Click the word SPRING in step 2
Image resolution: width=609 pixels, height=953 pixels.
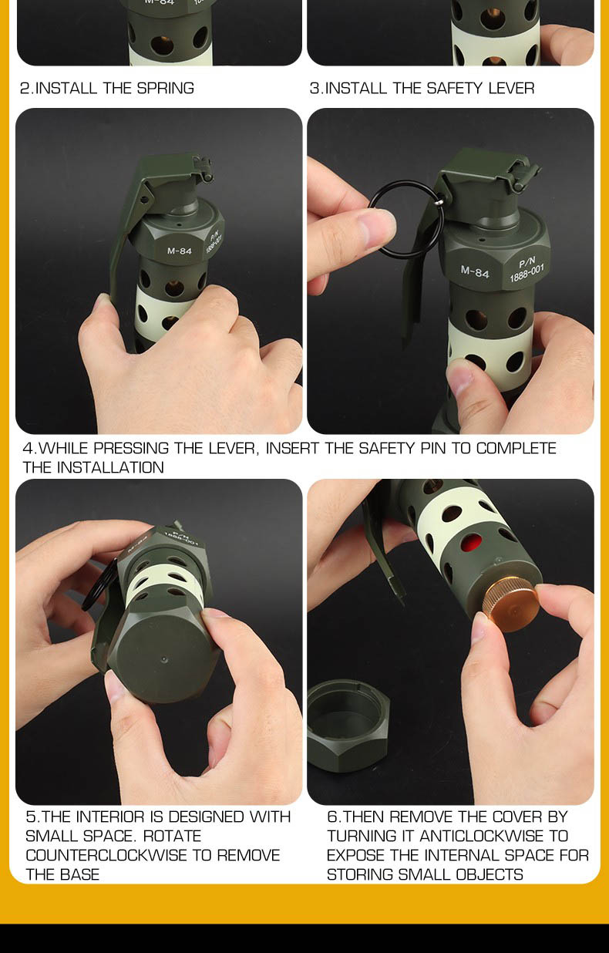point(165,88)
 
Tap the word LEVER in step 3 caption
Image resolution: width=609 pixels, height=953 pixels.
point(511,88)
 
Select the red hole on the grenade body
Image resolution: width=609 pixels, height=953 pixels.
point(471,544)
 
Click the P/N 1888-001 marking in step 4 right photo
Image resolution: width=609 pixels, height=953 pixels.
point(527,270)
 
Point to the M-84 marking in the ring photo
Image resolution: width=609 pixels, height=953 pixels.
point(475,271)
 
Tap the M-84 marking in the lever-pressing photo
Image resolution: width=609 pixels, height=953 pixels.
point(179,251)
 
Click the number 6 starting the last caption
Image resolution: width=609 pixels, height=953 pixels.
point(332,817)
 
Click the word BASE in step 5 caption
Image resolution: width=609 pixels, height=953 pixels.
point(80,874)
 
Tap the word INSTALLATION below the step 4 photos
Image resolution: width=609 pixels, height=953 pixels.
point(110,467)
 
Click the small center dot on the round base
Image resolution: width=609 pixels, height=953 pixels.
point(164,660)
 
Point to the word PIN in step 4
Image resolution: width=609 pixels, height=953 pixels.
point(433,448)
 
